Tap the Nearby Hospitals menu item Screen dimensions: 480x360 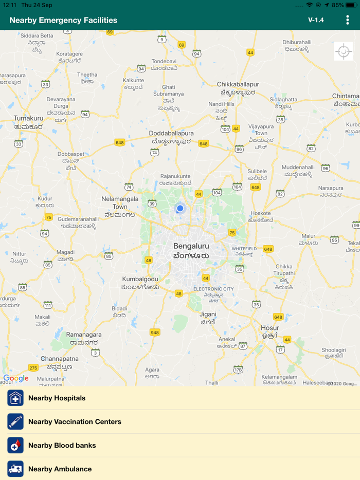[x=57, y=398]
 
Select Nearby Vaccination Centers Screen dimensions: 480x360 [x=75, y=422]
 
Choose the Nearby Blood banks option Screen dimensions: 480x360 [x=62, y=446]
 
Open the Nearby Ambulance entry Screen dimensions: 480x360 [x=60, y=469]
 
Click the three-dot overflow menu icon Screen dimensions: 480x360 [x=348, y=20]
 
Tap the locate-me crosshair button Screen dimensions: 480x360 [x=344, y=51]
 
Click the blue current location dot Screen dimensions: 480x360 [x=180, y=208]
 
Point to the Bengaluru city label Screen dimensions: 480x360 [x=191, y=246]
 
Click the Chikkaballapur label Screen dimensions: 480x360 [x=238, y=84]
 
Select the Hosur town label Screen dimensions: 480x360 [x=270, y=328]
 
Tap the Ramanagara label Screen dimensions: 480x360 [x=84, y=335]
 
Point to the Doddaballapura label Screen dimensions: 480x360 [x=171, y=133]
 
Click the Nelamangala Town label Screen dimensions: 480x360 [x=120, y=202]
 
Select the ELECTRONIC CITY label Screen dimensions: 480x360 [x=213, y=289]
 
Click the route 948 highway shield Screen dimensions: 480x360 [x=155, y=333]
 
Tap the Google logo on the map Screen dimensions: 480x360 [x=16, y=379]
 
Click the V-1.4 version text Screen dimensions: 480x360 [x=316, y=20]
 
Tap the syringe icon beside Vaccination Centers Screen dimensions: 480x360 [x=15, y=422]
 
